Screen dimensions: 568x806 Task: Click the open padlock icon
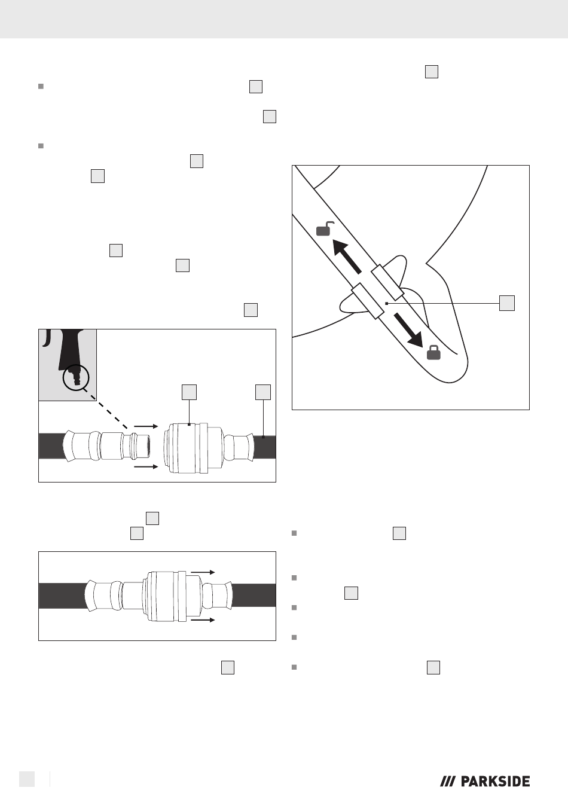click(325, 229)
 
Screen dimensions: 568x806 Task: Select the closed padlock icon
click(433, 353)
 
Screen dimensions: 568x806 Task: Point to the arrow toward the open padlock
click(346, 257)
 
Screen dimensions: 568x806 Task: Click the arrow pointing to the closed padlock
click(408, 330)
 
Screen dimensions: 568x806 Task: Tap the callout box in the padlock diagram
click(507, 303)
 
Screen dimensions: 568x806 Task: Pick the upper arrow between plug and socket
click(146, 426)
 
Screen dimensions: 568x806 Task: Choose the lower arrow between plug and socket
click(146, 467)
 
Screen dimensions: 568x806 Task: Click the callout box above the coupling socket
click(189, 392)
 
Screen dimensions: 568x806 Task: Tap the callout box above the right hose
click(263, 392)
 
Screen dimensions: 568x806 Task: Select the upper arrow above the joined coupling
click(203, 572)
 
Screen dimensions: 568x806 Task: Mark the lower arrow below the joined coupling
click(203, 620)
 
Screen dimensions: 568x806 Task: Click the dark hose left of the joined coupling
click(63, 596)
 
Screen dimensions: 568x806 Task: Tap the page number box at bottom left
click(27, 779)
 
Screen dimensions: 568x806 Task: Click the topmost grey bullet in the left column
click(41, 86)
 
